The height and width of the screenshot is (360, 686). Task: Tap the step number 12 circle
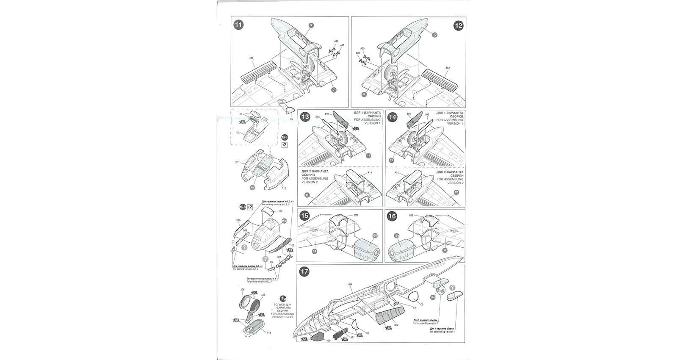tap(459, 25)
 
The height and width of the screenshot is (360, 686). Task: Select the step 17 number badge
tap(304, 272)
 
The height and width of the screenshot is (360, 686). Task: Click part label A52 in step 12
tap(448, 68)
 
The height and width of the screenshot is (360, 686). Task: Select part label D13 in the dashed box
tap(238, 133)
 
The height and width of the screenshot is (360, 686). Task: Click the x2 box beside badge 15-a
tap(285, 145)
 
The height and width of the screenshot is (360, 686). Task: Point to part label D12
tap(284, 188)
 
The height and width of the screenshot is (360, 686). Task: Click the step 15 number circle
tap(304, 216)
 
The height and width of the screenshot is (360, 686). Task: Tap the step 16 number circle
tap(392, 216)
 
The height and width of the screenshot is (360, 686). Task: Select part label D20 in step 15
tap(356, 215)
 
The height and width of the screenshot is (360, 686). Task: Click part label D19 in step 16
tap(411, 215)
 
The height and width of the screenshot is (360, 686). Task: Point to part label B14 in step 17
tap(350, 284)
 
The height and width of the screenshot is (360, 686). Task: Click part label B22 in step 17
tap(396, 324)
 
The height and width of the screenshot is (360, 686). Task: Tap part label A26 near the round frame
tap(242, 290)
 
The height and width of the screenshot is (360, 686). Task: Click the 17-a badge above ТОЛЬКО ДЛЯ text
tap(283, 299)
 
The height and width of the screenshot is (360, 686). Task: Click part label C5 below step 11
tap(291, 119)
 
